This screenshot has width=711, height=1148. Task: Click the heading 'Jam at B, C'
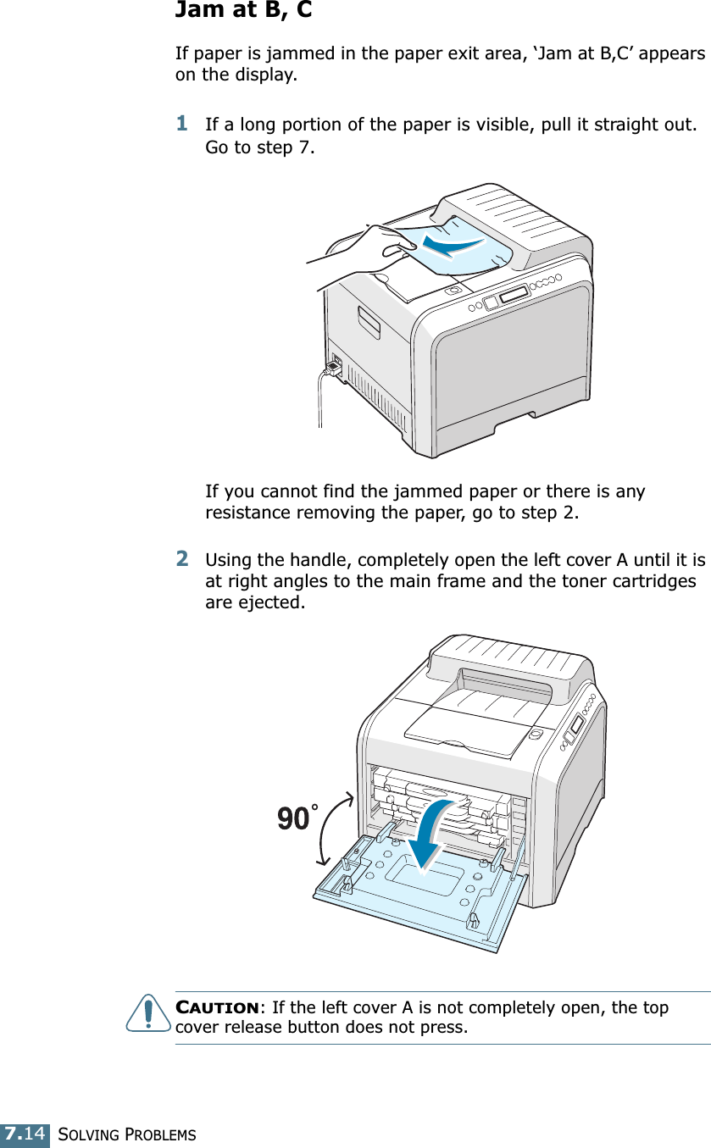tap(243, 12)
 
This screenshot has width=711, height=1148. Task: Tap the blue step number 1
tap(181, 123)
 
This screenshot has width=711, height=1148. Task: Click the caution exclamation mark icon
tap(148, 1016)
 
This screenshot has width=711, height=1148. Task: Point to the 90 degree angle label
tap(293, 819)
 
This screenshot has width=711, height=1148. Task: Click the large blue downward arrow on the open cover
tap(427, 835)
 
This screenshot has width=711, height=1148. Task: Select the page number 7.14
tap(24, 1134)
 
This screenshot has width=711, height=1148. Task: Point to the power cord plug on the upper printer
tap(334, 365)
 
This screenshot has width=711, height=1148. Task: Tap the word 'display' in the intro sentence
tap(268, 75)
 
